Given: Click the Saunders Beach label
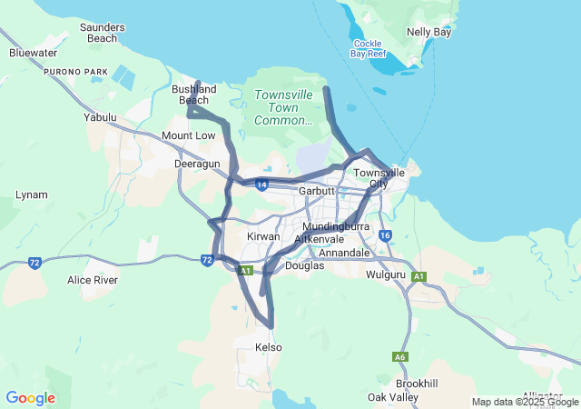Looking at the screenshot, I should pyautogui.click(x=102, y=33).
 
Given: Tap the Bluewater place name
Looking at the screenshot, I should pyautogui.click(x=33, y=53).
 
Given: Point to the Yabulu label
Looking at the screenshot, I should pyautogui.click(x=100, y=117).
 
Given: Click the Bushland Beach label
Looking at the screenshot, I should pyautogui.click(x=194, y=95).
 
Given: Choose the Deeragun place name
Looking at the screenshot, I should pyautogui.click(x=197, y=164).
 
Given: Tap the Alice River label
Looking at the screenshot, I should pyautogui.click(x=93, y=280).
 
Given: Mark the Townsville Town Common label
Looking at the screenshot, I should pyautogui.click(x=282, y=107).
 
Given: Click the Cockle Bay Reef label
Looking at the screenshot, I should pyautogui.click(x=368, y=48).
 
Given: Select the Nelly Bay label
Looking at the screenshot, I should pyautogui.click(x=429, y=32).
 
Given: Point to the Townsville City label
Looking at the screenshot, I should pyautogui.click(x=379, y=178).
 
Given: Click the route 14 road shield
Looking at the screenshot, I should pyautogui.click(x=261, y=185).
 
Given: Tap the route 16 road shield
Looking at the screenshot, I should pyautogui.click(x=385, y=235).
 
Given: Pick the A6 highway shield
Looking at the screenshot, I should pyautogui.click(x=400, y=357).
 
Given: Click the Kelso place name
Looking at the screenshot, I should pyautogui.click(x=269, y=347).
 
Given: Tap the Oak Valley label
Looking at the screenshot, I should pyautogui.click(x=393, y=397).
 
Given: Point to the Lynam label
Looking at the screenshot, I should pyautogui.click(x=32, y=195).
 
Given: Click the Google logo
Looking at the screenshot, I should pyautogui.click(x=30, y=398).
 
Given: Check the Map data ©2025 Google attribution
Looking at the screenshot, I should pyautogui.click(x=524, y=402).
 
